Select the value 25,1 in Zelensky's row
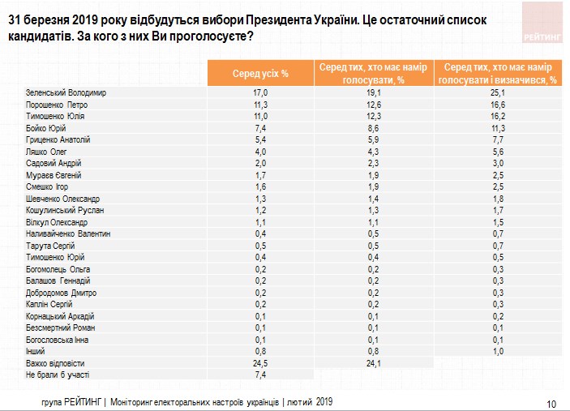point(496,92)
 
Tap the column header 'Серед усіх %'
point(260,74)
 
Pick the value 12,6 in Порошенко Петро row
point(374,105)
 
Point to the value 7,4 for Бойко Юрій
point(260,128)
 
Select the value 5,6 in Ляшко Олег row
point(496,152)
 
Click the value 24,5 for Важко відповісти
point(260,363)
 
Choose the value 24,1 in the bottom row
point(374,363)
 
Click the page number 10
point(551,403)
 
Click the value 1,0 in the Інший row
point(496,351)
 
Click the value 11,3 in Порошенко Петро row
point(260,105)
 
